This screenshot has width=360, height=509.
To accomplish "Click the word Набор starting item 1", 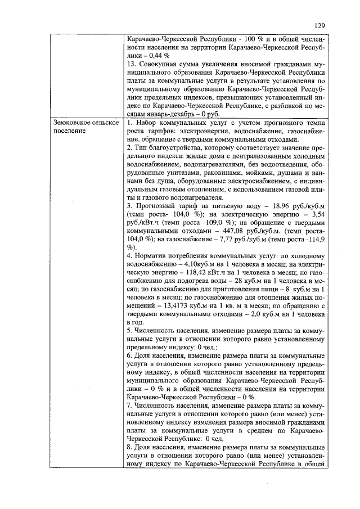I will (147, 123).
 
